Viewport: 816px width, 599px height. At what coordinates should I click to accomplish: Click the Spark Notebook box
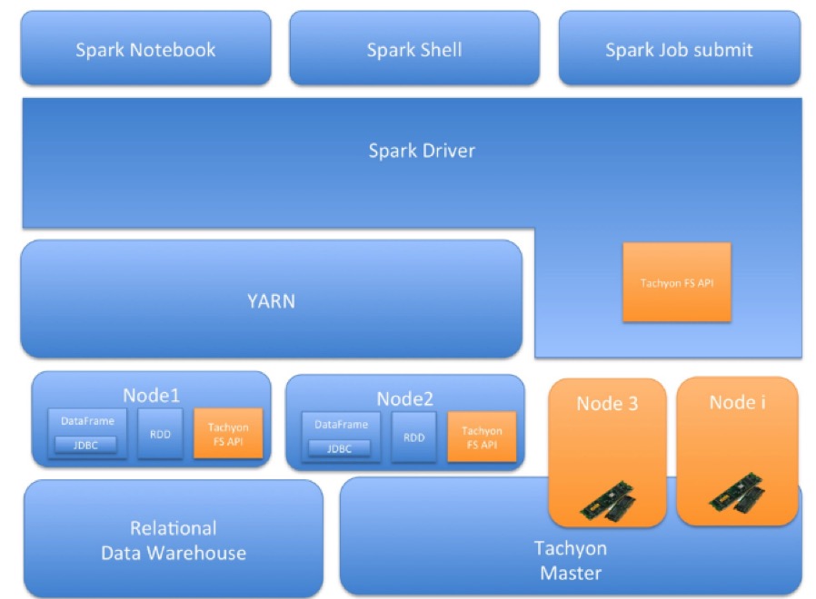click(145, 49)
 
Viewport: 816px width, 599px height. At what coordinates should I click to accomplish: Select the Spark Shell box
click(414, 49)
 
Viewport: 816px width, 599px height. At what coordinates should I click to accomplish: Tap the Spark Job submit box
click(679, 49)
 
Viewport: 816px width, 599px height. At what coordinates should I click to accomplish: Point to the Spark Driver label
click(422, 151)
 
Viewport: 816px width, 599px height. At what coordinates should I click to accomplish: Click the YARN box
click(271, 299)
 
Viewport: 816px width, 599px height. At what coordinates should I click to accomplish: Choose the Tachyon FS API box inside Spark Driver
click(677, 282)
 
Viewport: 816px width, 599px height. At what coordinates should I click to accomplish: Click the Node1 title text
click(152, 395)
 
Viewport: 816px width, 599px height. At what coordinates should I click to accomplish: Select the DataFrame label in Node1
click(87, 421)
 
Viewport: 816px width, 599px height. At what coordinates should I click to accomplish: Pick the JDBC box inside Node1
click(87, 445)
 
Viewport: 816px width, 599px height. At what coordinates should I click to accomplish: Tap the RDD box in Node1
click(160, 435)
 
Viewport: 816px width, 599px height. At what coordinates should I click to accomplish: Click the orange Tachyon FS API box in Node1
click(228, 434)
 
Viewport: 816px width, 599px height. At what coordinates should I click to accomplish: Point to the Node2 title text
click(405, 398)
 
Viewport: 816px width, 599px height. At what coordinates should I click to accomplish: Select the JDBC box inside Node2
click(339, 448)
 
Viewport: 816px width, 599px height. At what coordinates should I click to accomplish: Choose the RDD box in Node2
click(413, 437)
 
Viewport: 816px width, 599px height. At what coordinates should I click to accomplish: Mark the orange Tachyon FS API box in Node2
click(482, 437)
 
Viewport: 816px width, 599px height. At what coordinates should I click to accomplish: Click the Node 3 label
click(607, 404)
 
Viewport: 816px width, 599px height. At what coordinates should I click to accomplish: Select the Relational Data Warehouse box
click(174, 540)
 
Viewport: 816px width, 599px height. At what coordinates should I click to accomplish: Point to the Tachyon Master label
click(571, 560)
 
